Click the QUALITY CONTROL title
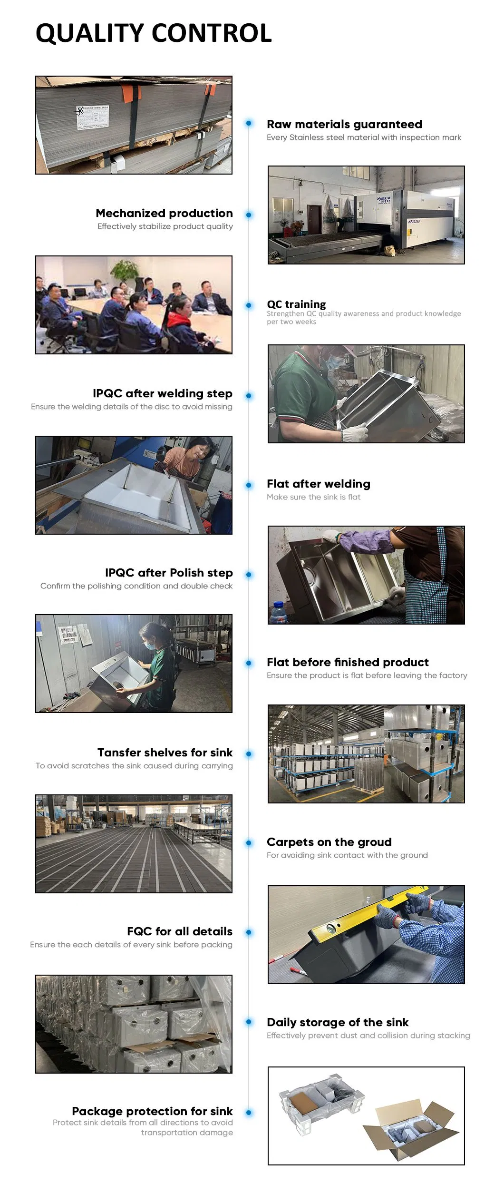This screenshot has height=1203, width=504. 154,33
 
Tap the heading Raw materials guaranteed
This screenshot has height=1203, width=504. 344,124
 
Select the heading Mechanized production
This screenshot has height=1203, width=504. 165,213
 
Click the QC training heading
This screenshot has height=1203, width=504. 296,304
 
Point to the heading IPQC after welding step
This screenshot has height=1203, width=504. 163,393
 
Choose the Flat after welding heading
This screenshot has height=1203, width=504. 319,484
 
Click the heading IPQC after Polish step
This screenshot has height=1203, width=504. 169,573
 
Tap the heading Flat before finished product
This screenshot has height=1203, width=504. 348,662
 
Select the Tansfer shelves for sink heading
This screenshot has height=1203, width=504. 165,753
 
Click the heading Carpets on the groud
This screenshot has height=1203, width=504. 329,842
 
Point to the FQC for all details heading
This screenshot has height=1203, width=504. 180,931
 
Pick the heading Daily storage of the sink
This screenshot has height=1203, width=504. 338,1022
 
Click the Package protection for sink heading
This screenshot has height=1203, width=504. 152,1111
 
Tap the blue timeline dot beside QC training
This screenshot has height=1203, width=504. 249,305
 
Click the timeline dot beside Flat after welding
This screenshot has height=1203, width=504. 249,485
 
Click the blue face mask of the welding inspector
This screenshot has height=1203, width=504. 337,362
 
